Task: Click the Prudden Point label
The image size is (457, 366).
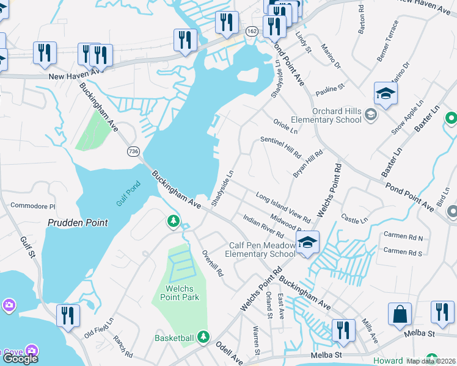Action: [x=78, y=223]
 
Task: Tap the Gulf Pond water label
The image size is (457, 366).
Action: [x=128, y=193]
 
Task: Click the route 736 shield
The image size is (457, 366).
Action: [x=134, y=151]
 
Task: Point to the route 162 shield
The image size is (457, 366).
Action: [x=252, y=30]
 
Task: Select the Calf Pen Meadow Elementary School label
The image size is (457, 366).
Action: [x=260, y=249]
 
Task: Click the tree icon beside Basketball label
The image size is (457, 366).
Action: [x=203, y=337]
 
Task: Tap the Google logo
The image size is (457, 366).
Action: [x=20, y=359]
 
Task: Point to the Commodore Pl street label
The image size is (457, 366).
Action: [x=33, y=206]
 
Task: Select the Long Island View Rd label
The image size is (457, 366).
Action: [x=283, y=207]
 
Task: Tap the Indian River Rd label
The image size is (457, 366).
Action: [x=263, y=226]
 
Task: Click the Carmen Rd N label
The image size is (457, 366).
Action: [x=403, y=235]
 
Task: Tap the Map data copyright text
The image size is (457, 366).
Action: [x=431, y=361]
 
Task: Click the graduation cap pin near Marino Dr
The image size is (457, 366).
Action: [x=386, y=93]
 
